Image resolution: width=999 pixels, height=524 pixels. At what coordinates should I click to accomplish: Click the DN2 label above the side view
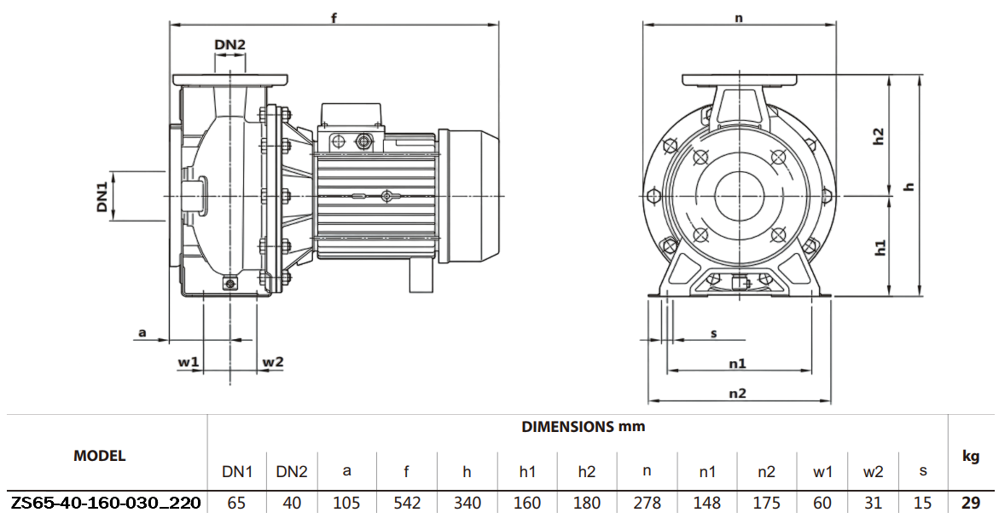point(229,44)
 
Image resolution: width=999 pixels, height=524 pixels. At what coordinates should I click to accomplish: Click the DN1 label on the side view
point(102,196)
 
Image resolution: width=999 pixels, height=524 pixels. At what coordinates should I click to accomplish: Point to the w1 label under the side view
point(189,362)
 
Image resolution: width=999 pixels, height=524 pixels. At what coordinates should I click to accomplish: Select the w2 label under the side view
point(272,362)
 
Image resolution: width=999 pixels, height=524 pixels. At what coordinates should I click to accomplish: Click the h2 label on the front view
point(879,137)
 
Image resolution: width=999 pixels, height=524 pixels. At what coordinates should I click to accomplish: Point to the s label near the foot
point(713,333)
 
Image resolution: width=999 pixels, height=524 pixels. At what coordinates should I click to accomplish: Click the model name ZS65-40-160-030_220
point(106,503)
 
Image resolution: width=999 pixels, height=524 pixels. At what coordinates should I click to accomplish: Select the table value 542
point(407,503)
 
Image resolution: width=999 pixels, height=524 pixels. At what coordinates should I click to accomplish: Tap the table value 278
point(647,503)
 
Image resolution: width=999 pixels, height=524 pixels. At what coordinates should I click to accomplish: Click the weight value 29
point(971,503)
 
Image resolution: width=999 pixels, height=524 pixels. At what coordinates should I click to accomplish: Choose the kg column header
point(971,457)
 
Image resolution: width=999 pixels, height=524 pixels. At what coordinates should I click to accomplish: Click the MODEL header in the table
point(100,456)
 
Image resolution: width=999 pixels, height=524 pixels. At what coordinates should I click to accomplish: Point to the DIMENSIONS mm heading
point(584,426)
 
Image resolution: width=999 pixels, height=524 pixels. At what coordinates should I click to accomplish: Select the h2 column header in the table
point(586,470)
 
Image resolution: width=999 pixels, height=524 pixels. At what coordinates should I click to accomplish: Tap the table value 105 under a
point(346,503)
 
